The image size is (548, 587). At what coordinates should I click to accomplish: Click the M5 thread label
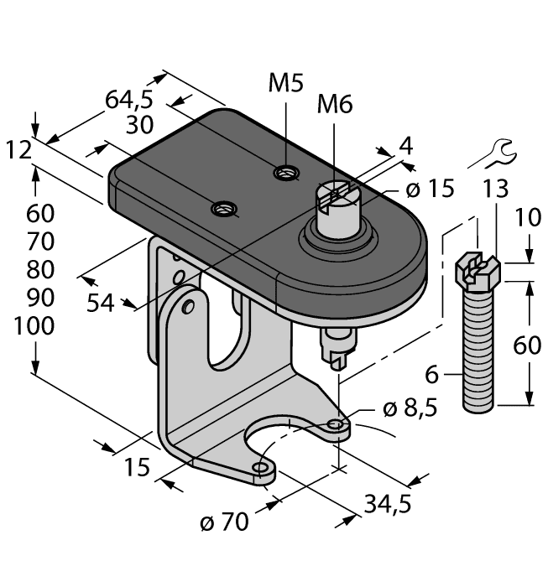pyautogui.click(x=286, y=83)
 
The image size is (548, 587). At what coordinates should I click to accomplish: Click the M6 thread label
pyautogui.click(x=335, y=104)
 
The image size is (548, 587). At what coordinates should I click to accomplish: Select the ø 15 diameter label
pyautogui.click(x=429, y=190)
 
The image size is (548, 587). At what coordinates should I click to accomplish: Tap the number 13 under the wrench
pyautogui.click(x=496, y=190)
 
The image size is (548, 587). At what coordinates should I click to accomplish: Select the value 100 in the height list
pyautogui.click(x=34, y=326)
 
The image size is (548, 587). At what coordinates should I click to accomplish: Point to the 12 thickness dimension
pyautogui.click(x=18, y=150)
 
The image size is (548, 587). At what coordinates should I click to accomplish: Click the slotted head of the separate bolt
pyautogui.click(x=478, y=270)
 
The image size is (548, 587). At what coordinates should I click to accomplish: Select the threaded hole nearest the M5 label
pyautogui.click(x=286, y=174)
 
